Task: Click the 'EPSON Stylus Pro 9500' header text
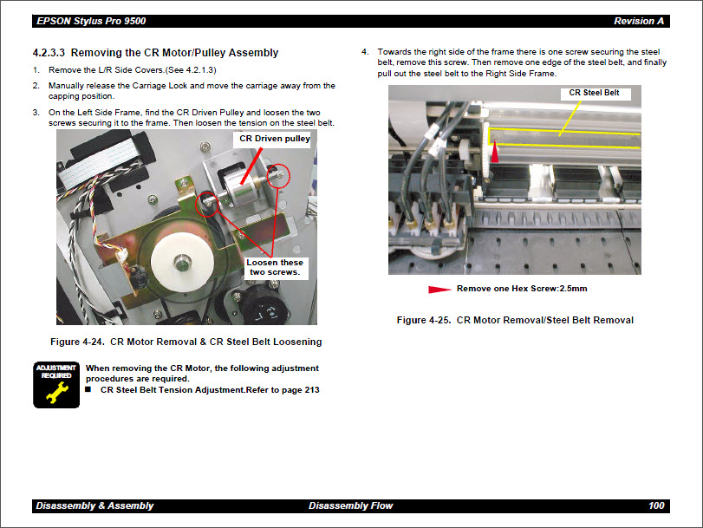click(90, 21)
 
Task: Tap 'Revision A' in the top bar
click(639, 21)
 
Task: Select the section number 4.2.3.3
click(55, 53)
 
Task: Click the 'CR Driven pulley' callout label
click(275, 139)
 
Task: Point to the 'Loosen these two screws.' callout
click(275, 267)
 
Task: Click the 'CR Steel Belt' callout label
click(594, 93)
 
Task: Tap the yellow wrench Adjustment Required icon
click(56, 384)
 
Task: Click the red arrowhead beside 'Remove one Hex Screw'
click(440, 289)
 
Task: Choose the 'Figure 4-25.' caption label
click(423, 320)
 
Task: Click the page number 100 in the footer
click(656, 505)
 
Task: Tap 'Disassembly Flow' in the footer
click(350, 505)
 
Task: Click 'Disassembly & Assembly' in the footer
click(94, 505)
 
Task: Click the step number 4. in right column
click(365, 52)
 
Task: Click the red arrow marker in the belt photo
click(495, 153)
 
